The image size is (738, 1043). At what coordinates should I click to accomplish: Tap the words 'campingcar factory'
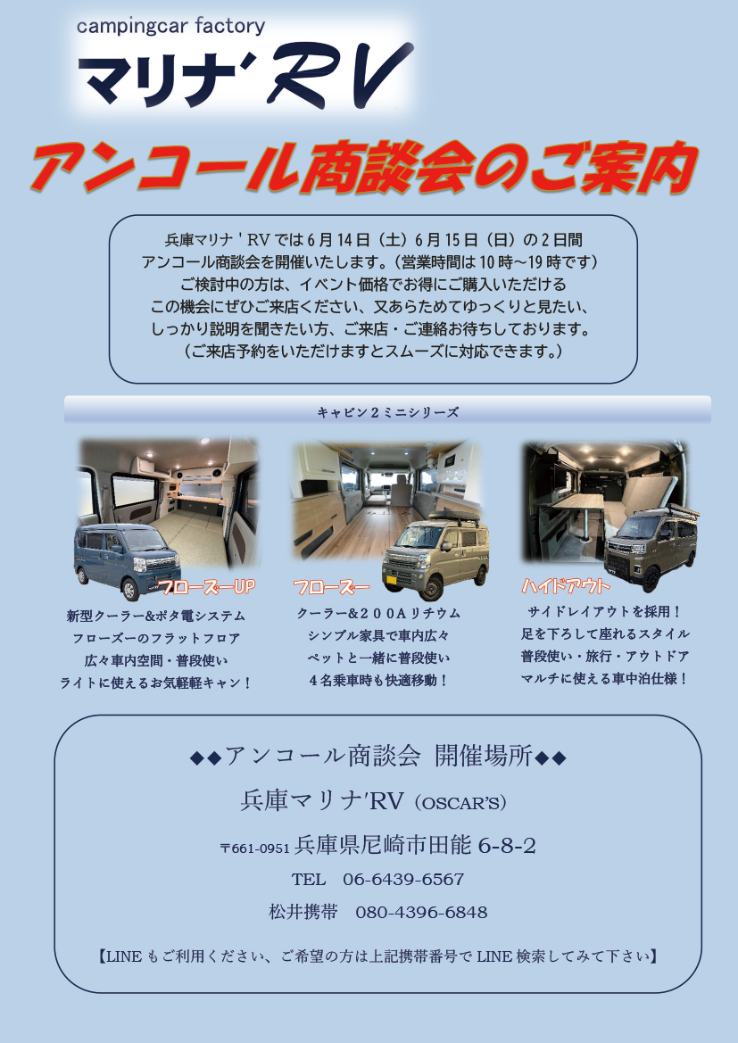tap(171, 27)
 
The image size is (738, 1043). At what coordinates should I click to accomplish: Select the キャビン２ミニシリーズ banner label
tap(388, 412)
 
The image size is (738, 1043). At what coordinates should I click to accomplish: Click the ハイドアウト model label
tap(566, 586)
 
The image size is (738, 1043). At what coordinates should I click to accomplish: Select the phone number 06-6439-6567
tap(403, 880)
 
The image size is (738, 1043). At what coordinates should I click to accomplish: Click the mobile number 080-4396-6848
tap(421, 912)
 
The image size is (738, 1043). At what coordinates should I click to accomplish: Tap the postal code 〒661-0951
tap(255, 848)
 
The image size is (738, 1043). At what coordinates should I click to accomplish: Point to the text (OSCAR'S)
tap(460, 804)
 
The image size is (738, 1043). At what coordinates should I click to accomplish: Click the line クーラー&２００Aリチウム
tap(378, 614)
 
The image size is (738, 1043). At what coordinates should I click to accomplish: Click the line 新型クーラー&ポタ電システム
tap(155, 616)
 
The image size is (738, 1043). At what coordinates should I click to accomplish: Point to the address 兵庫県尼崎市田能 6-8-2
tap(415, 846)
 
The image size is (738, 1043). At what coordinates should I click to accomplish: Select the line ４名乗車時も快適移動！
tap(378, 681)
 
